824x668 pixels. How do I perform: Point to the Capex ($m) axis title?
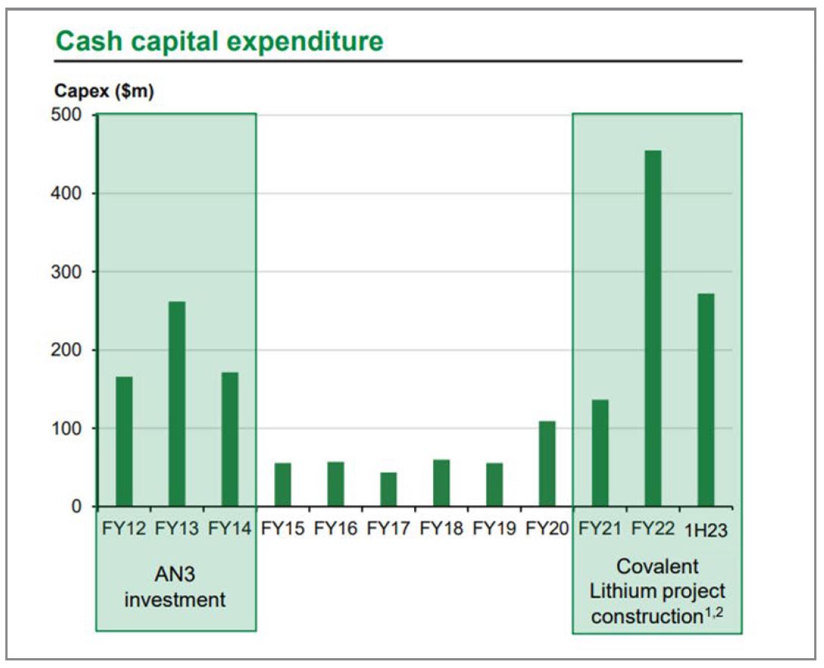104,92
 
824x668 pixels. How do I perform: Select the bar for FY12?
124,442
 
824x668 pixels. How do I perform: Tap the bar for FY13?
177,404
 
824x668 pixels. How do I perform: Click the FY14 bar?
230,439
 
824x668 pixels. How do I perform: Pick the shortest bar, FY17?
389,489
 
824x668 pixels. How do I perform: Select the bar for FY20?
547,464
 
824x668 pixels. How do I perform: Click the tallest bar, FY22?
653,328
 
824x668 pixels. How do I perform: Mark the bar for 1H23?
705,400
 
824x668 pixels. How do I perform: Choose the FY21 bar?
600,453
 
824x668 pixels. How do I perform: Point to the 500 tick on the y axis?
70,115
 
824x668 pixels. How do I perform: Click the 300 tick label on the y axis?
70,272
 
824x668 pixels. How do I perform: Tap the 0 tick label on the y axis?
77,507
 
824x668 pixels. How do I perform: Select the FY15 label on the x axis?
282,529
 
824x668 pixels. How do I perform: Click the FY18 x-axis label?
442,529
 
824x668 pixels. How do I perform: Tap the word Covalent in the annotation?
657,567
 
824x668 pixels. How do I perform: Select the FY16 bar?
336,484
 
